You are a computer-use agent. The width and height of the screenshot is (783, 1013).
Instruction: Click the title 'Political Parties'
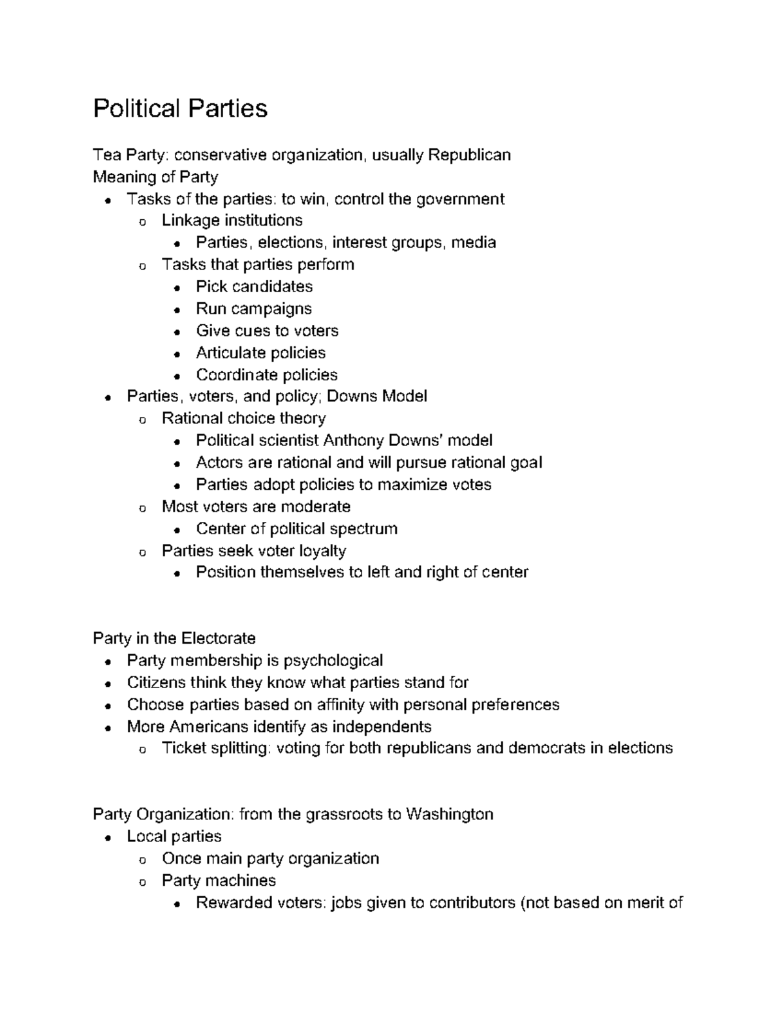click(x=180, y=108)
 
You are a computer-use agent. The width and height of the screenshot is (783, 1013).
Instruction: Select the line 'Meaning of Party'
click(x=155, y=177)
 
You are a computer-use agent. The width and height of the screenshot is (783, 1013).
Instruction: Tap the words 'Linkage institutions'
click(x=232, y=220)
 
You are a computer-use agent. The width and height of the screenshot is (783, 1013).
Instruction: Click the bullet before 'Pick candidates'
click(x=177, y=288)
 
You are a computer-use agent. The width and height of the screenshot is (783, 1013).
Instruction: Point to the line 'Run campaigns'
click(x=254, y=309)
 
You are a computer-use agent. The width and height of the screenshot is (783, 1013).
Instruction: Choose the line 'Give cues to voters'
click(x=267, y=331)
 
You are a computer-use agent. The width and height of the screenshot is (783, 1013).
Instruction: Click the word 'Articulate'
click(x=228, y=353)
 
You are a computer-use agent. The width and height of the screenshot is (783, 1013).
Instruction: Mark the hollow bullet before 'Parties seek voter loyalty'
click(x=142, y=552)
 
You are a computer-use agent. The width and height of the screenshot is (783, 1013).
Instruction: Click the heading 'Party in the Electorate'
click(x=174, y=639)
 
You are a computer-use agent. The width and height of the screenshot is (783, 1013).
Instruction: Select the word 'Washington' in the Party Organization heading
click(x=449, y=815)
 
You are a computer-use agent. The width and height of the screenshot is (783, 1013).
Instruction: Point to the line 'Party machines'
click(x=219, y=881)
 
